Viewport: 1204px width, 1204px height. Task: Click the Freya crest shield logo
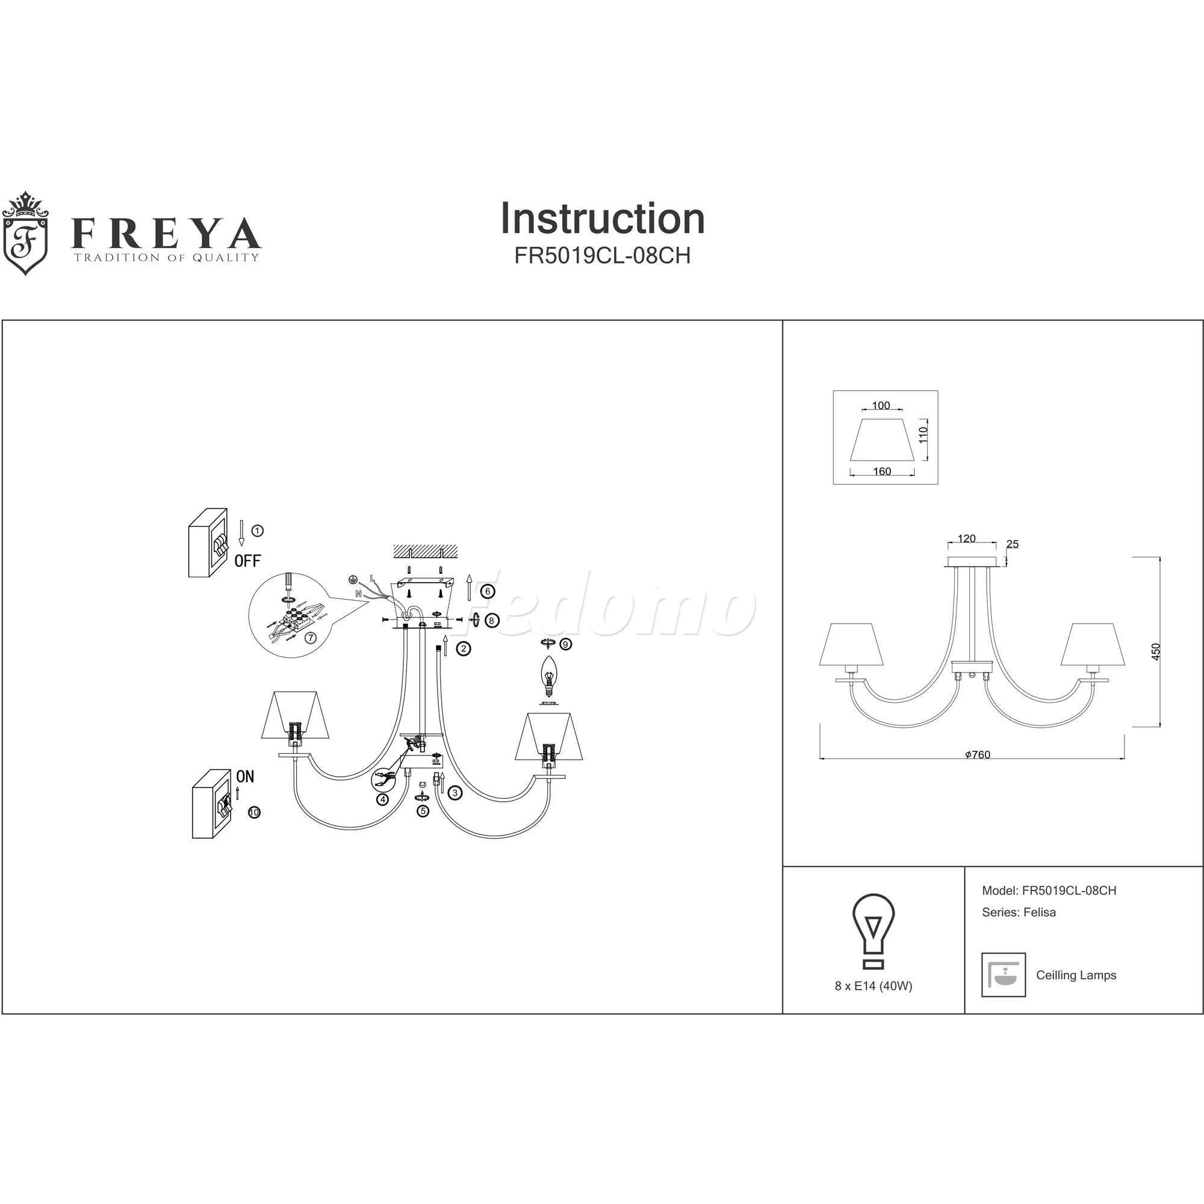25,234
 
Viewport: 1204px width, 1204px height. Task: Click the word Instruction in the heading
602,219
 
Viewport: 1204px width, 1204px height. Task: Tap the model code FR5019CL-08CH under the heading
602,256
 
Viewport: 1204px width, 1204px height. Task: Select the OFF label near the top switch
247,561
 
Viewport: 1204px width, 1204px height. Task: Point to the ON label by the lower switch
245,777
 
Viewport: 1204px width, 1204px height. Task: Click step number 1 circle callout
258,530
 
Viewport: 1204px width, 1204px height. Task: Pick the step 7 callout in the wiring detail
311,638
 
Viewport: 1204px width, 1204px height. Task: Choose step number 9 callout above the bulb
565,644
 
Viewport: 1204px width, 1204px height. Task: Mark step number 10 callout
253,813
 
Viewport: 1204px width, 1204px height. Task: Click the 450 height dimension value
1156,652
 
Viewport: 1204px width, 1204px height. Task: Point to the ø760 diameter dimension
977,755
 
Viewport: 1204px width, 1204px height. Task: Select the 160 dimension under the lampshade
882,472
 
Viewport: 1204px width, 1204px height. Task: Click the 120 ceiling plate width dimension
966,539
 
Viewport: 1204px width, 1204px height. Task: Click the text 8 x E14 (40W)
873,987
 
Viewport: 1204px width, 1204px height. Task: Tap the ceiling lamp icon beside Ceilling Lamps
1004,975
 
